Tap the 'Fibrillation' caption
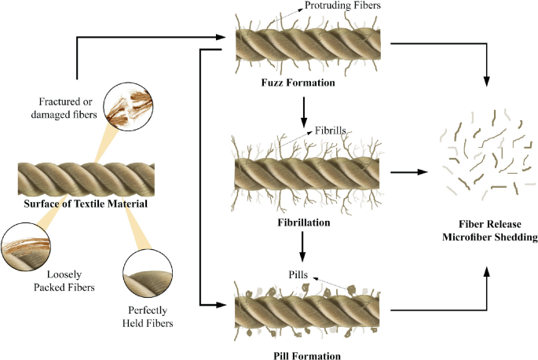coord(302,222)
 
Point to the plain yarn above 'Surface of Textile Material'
coord(90,179)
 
